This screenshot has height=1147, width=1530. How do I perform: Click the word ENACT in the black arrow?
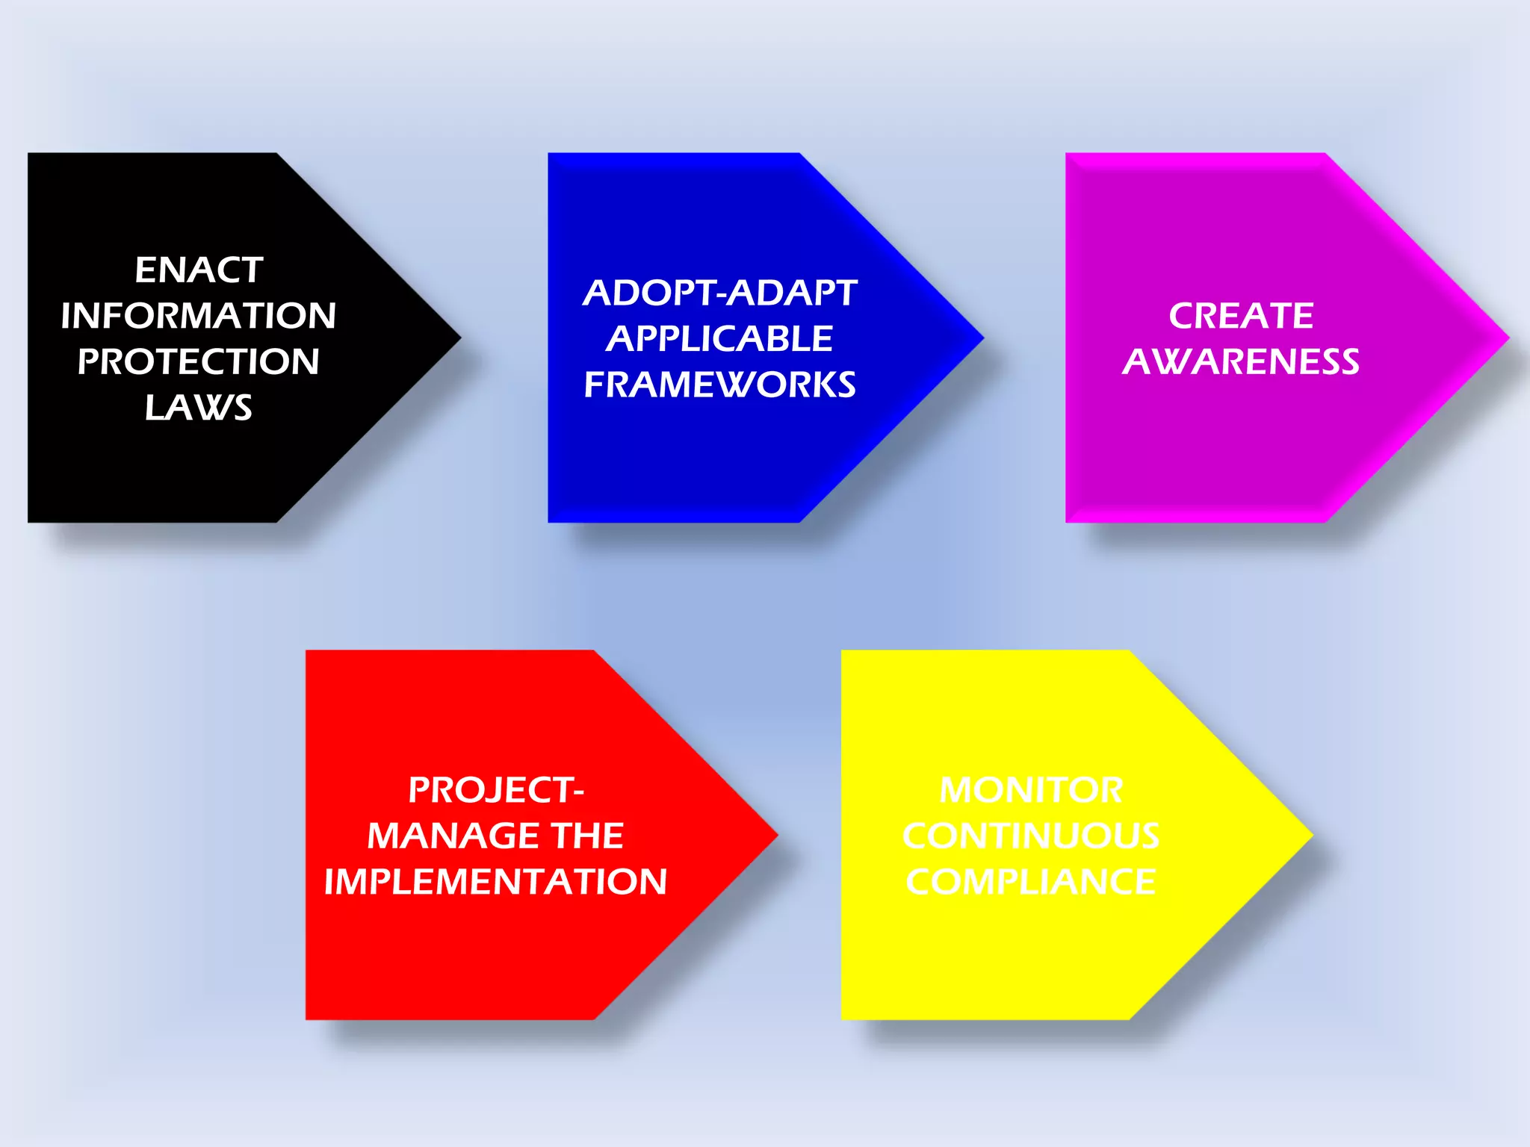click(199, 270)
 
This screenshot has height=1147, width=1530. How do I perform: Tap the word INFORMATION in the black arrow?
click(199, 316)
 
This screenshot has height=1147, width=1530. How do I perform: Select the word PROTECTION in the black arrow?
click(199, 362)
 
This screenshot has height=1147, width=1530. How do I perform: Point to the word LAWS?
click(199, 408)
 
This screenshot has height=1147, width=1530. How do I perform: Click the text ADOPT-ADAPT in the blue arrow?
click(720, 293)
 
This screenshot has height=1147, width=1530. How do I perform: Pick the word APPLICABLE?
click(719, 339)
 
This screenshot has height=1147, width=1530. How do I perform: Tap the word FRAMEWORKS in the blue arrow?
click(720, 385)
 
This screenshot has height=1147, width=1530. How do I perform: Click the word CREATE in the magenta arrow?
click(1241, 316)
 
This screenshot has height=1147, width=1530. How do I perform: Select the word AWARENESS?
click(1241, 362)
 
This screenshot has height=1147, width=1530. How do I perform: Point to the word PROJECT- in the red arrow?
click(496, 790)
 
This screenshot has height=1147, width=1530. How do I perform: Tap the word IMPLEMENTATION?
click(496, 882)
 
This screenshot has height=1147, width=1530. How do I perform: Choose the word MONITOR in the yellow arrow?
click(1031, 790)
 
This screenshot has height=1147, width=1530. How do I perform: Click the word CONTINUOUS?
click(1031, 836)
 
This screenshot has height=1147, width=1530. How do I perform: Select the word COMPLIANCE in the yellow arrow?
click(1031, 882)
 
